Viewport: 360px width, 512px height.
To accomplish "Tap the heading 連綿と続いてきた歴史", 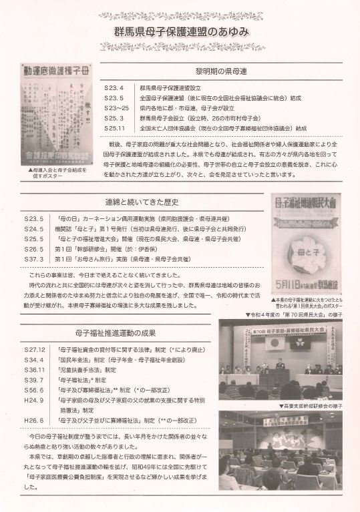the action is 142,202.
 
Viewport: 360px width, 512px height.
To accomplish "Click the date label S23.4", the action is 114,87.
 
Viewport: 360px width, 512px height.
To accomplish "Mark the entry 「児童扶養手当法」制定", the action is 87,370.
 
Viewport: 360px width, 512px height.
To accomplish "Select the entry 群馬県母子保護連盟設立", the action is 172,87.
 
